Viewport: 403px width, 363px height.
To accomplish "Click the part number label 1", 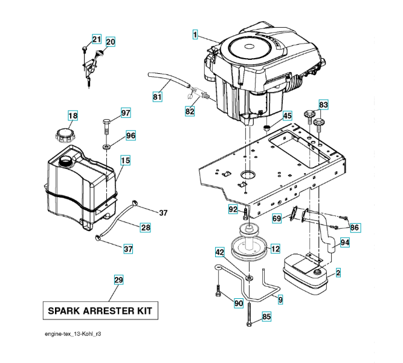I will [x=195, y=35].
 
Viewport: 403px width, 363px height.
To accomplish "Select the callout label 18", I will [x=73, y=116].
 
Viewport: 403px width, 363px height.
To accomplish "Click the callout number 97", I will [x=125, y=113].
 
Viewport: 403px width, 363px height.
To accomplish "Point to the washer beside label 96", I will [x=106, y=146].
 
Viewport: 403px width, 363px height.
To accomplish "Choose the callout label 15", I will [x=125, y=160].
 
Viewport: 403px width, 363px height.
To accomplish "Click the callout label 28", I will [x=145, y=227].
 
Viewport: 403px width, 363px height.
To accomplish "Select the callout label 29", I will [x=118, y=280].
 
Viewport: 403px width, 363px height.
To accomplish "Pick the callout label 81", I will [x=157, y=96].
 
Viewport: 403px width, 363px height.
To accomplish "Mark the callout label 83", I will [x=323, y=105].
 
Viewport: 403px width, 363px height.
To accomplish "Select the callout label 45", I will [x=287, y=116].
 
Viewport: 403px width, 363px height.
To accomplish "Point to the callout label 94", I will [x=344, y=243].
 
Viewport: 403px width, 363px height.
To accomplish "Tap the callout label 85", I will [x=266, y=316].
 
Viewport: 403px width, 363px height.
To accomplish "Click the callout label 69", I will [x=277, y=218].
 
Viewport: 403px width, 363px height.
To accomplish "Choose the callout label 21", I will [x=97, y=39].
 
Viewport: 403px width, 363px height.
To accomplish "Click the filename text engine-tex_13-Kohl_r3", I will [x=76, y=334].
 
